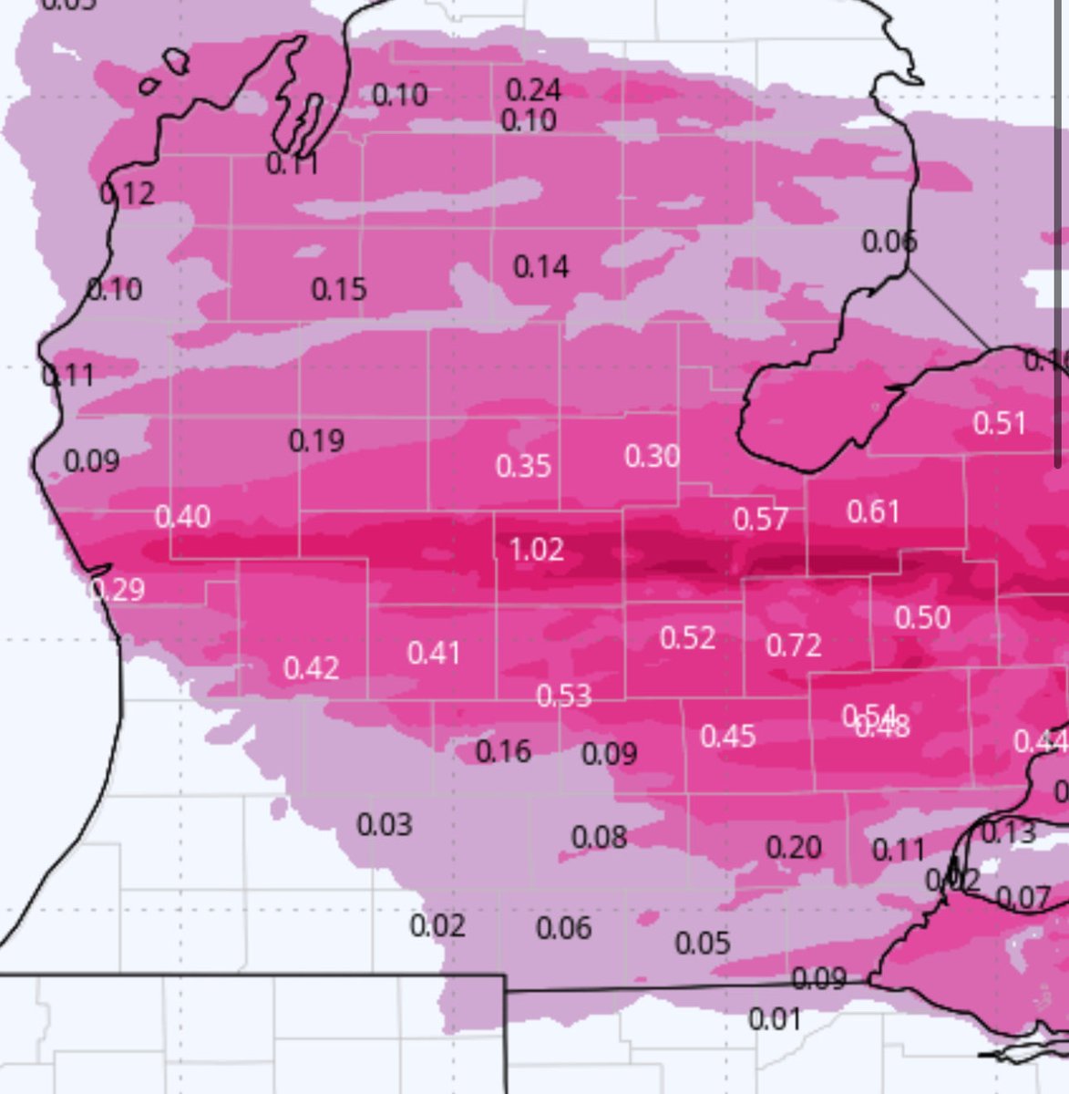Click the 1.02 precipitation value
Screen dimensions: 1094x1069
536,550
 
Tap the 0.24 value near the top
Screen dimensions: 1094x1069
533,89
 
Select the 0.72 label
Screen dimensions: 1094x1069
794,645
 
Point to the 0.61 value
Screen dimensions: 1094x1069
873,511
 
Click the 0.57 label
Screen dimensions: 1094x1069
760,519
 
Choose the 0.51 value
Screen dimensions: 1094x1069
999,423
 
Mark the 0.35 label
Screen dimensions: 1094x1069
523,466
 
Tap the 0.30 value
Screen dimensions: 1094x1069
652,455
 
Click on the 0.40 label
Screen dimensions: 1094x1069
182,517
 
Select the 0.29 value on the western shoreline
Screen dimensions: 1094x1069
118,590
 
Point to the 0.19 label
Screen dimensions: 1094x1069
316,441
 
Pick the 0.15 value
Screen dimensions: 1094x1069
339,289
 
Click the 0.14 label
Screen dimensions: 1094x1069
541,267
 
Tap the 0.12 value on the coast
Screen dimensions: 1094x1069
128,193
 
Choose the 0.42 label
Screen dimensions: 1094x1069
311,668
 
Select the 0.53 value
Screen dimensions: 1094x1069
563,697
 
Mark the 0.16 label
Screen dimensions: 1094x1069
503,751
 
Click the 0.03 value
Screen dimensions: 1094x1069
385,825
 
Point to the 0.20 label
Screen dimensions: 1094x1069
794,848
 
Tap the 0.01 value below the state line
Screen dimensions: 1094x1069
775,1018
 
